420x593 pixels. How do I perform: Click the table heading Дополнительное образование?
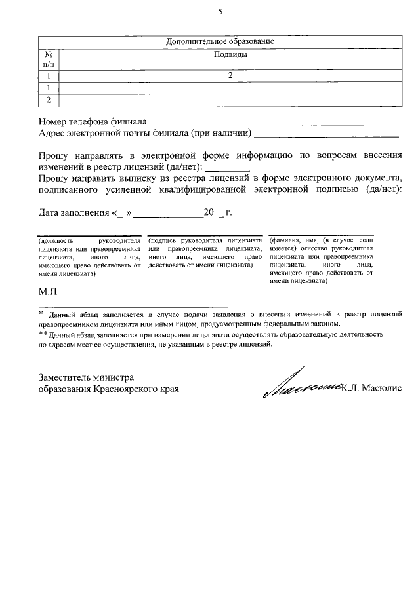[220, 42]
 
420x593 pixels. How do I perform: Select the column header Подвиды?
[230, 54]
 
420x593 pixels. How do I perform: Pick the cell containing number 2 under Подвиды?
[230, 76]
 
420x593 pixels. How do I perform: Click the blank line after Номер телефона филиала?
[256, 123]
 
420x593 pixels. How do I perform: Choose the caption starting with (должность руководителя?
[90, 258]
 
